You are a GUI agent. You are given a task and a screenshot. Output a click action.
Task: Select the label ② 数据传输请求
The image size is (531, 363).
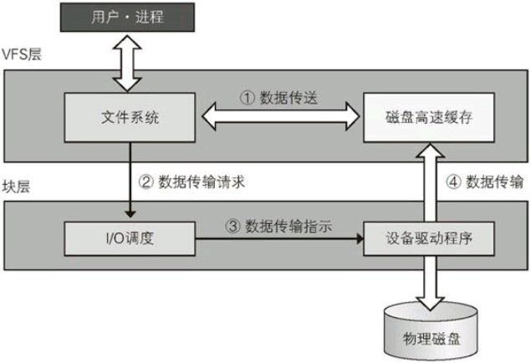tap(195, 180)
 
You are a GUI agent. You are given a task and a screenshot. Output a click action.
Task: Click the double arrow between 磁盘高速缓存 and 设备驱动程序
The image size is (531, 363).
tap(430, 180)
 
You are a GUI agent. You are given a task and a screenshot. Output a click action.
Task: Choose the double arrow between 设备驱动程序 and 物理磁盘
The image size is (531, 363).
tap(430, 280)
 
